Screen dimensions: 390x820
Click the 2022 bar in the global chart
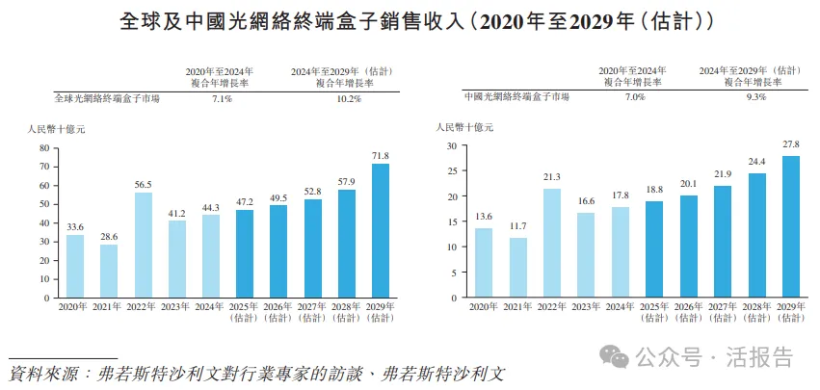click(144, 246)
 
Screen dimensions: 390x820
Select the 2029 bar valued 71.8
click(381, 231)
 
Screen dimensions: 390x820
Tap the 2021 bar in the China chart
click(518, 268)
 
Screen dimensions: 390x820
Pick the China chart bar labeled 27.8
click(790, 226)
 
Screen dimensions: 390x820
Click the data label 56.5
click(144, 184)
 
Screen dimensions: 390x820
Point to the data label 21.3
click(553, 178)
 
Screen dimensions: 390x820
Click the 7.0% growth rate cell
click(631, 97)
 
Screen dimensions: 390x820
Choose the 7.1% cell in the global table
click(222, 98)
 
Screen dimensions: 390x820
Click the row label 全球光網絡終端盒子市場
click(107, 98)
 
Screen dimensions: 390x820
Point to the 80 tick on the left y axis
click(43, 148)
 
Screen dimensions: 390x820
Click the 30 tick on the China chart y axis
click(450, 145)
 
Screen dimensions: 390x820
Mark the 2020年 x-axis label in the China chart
click(484, 306)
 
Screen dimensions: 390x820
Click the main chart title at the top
click(410, 19)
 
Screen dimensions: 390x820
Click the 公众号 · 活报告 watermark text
click(711, 358)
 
